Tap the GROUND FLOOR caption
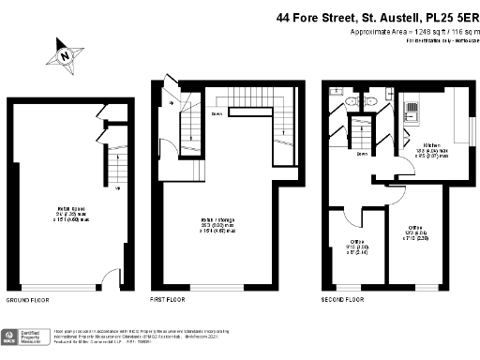click(28, 300)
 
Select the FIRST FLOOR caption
click(170, 300)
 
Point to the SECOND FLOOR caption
click(343, 300)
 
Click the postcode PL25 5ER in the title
click(444, 16)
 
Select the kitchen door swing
click(404, 168)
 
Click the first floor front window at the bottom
click(217, 286)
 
